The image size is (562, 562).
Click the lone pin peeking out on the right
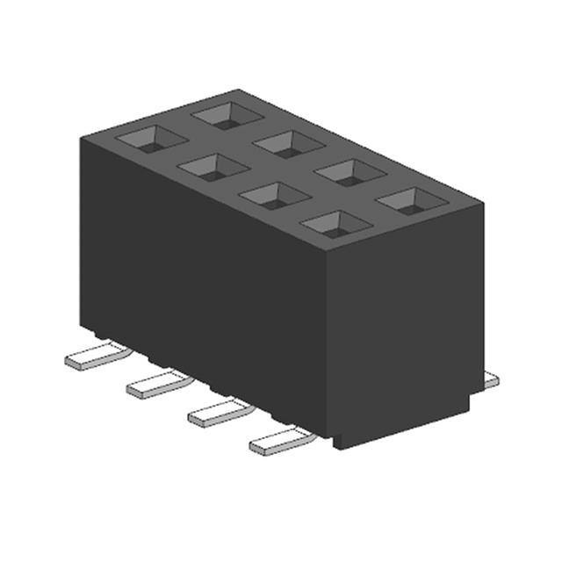click(490, 379)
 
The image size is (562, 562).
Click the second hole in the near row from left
click(213, 166)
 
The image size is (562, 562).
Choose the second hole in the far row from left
click(287, 142)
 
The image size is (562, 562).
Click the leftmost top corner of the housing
click(80, 137)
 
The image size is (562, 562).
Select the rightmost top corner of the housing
click(483, 205)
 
